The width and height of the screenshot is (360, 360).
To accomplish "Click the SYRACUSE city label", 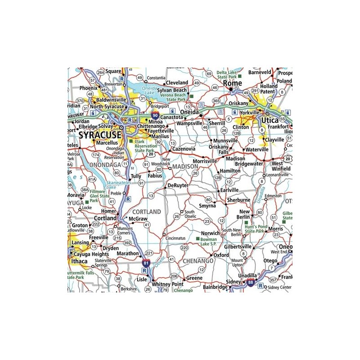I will (100, 135).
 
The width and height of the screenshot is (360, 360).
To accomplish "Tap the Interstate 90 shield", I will (155, 115).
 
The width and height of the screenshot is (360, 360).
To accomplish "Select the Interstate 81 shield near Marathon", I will (145, 262).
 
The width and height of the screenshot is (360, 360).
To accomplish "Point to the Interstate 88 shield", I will (250, 283).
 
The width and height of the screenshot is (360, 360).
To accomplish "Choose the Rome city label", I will (233, 83).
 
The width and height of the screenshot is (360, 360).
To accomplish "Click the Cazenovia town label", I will (184, 148).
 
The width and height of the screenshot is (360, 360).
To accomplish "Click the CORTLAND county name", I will (147, 211).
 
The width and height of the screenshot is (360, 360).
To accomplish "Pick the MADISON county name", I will (185, 166).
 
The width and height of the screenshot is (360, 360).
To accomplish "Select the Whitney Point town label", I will (168, 284).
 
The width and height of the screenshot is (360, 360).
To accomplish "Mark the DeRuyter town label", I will (177, 185).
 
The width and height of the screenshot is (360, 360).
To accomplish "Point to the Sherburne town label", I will (239, 199).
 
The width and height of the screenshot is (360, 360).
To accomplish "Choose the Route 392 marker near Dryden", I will (127, 243).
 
